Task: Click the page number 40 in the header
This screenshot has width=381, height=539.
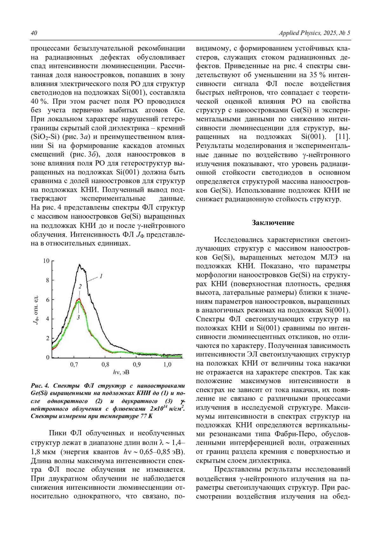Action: [34, 33]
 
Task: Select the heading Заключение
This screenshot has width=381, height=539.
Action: [273, 223]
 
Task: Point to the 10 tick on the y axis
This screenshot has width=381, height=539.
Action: [46, 261]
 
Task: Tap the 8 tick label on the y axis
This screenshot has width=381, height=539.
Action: [48, 280]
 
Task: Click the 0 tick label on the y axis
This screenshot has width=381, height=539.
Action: [48, 357]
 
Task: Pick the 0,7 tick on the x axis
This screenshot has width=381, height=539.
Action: [74, 364]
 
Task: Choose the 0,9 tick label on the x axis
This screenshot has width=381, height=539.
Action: [137, 364]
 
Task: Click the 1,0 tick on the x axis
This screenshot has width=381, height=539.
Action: [167, 364]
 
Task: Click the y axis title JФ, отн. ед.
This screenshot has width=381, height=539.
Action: [36, 309]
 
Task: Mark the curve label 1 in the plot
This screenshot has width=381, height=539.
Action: [101, 276]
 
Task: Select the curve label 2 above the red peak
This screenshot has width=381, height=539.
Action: [80, 287]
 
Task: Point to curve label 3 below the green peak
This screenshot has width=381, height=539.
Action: [77, 317]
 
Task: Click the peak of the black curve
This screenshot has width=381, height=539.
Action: [79, 264]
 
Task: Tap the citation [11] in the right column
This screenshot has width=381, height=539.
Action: [343, 137]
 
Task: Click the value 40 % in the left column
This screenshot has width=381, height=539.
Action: [38, 102]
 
